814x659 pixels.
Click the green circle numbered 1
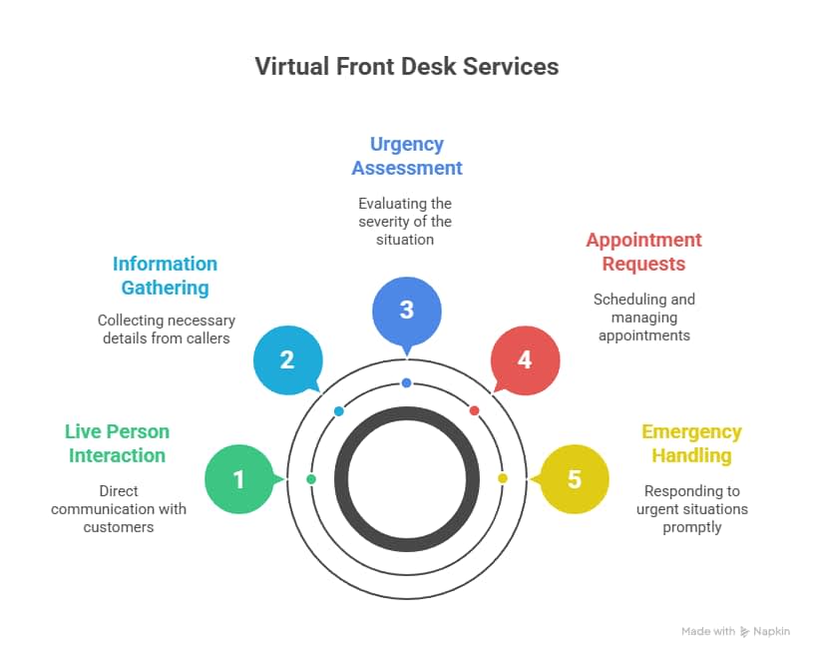click(x=238, y=479)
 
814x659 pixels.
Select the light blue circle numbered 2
click(x=287, y=359)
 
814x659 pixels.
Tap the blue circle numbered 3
click(x=406, y=310)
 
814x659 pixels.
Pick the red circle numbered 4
click(x=525, y=359)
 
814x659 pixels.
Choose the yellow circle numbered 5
click(x=574, y=479)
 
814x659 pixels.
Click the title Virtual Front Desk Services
click(x=406, y=67)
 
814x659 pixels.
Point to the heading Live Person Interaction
click(x=117, y=443)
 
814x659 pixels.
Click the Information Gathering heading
click(x=165, y=276)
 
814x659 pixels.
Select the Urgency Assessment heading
click(x=406, y=156)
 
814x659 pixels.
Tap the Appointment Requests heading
click(x=643, y=252)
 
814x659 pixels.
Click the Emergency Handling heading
click(x=691, y=443)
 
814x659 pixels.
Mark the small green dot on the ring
click(x=311, y=480)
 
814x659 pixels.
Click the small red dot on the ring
click(x=474, y=410)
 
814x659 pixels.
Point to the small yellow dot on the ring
click(x=502, y=479)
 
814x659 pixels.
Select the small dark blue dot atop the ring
click(x=406, y=383)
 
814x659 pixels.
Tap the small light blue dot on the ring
click(x=339, y=411)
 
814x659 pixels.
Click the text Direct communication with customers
click(x=119, y=508)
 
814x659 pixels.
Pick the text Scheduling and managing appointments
click(x=643, y=318)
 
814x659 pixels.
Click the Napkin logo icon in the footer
click(x=744, y=631)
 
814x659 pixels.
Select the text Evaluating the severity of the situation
click(x=405, y=222)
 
